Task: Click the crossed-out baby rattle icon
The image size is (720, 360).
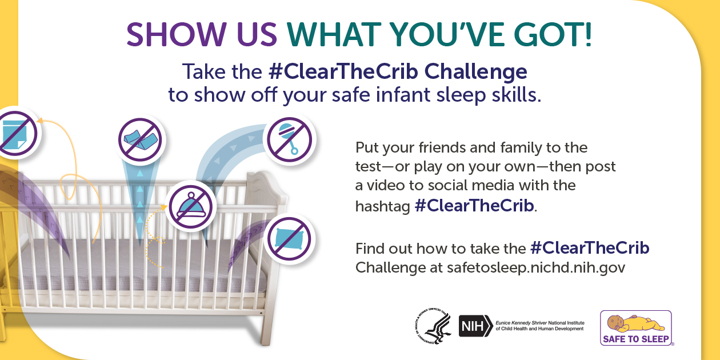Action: [289, 139]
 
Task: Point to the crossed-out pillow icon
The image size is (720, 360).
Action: [289, 239]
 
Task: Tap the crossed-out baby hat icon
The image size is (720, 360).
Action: [191, 207]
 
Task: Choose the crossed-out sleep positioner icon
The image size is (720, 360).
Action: [140, 139]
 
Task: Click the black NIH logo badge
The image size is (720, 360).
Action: [475, 326]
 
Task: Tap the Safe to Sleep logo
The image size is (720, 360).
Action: [636, 328]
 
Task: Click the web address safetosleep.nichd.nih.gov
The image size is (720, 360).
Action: [536, 267]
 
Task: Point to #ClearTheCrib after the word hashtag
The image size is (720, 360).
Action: [474, 206]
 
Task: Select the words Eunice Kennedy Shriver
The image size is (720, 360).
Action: [521, 323]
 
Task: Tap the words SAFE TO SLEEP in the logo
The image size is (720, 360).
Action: [636, 339]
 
